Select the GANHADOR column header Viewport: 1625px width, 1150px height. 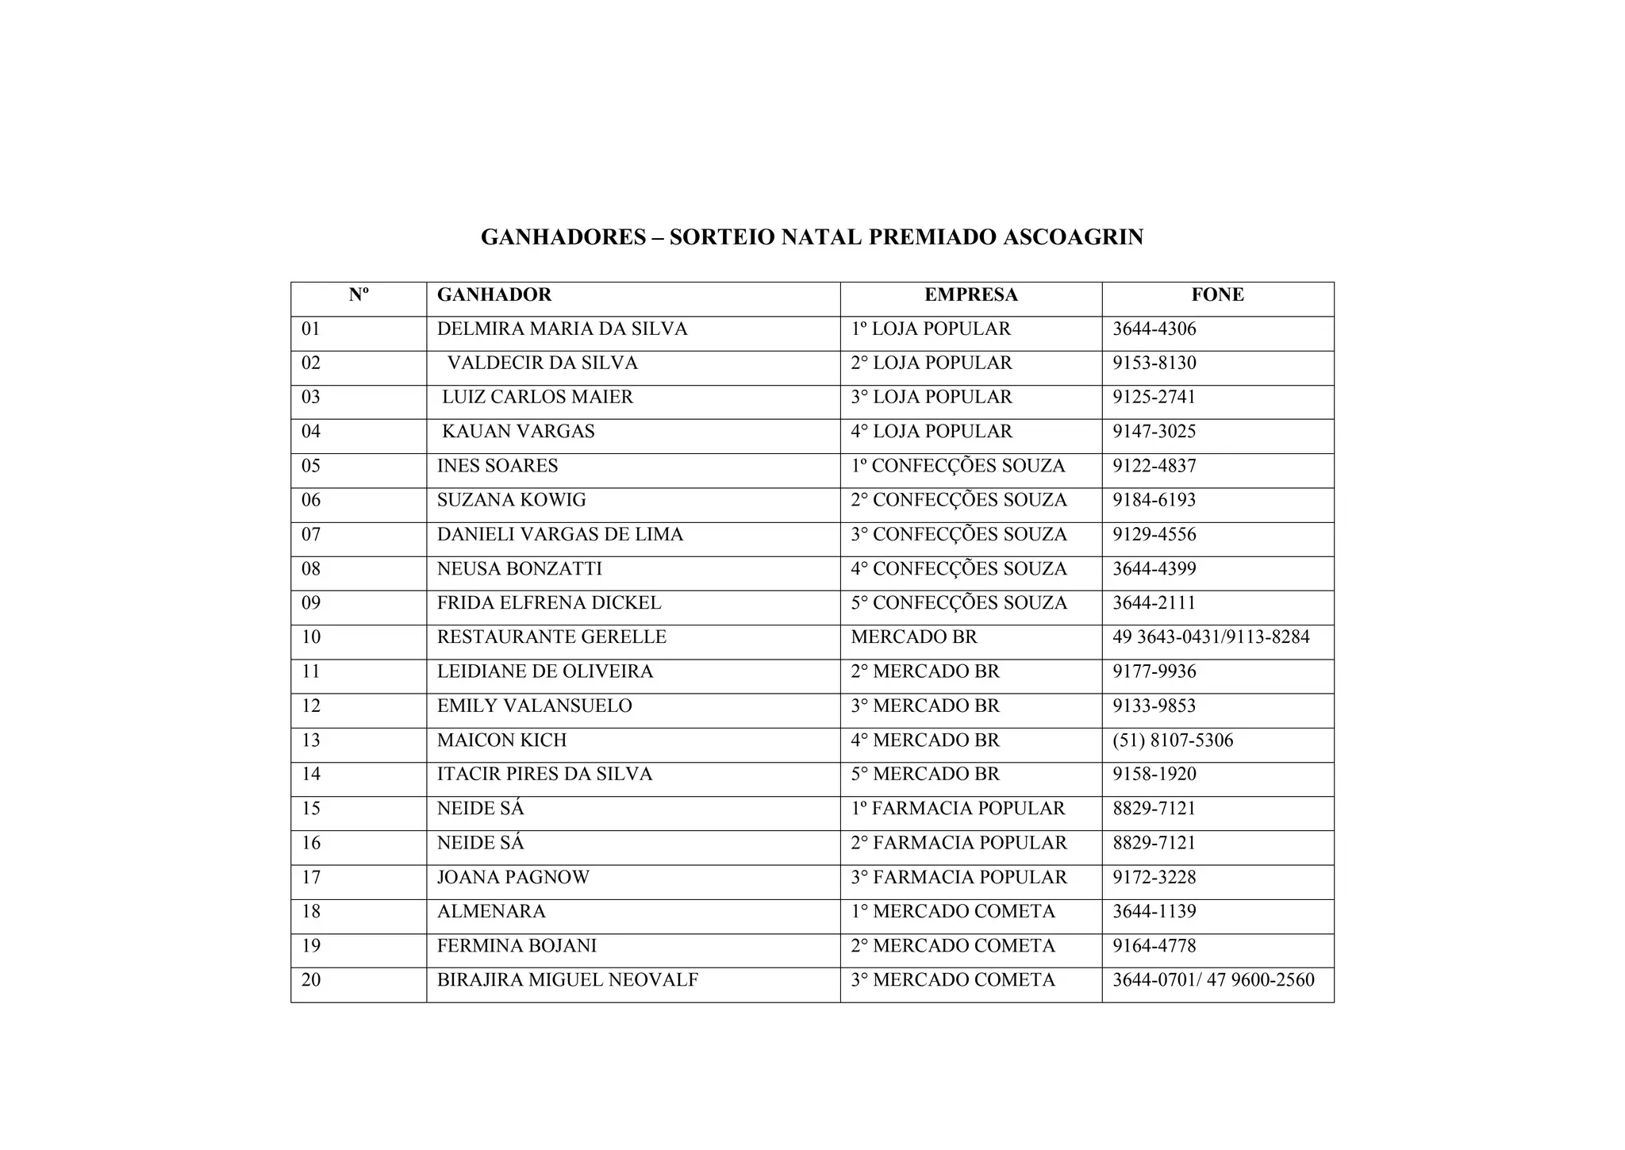[494, 295]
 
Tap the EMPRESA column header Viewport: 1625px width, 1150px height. [970, 295]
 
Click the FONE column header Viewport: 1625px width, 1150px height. [1217, 295]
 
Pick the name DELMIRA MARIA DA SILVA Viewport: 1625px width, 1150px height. [562, 329]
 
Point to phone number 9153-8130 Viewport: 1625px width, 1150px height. [1154, 363]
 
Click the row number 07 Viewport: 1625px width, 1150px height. [311, 535]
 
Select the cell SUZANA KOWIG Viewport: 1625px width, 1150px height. [511, 501]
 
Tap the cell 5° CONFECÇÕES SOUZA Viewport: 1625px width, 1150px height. [958, 603]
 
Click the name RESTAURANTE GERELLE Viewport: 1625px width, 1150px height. [551, 637]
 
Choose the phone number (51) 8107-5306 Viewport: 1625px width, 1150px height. [1173, 740]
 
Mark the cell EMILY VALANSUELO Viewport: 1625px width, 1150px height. [534, 706]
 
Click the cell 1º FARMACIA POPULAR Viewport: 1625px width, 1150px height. [958, 809]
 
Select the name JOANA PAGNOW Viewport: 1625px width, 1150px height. [513, 878]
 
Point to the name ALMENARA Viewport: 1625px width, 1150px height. [491, 912]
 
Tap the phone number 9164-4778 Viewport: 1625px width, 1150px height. [1154, 946]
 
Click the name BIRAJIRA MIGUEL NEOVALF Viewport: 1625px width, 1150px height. [567, 980]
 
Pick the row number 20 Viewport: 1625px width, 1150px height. [311, 980]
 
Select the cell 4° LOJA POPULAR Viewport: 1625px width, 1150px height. [932, 432]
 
